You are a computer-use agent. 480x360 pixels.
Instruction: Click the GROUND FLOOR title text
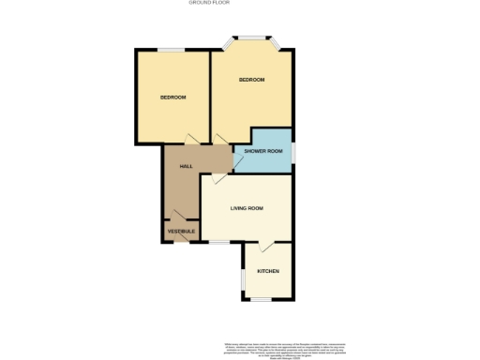click(x=209, y=4)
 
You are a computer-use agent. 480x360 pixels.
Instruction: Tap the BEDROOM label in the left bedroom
click(x=172, y=97)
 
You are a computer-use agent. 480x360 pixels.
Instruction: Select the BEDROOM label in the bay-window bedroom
click(x=251, y=80)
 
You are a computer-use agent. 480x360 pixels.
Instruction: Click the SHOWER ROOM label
click(x=262, y=151)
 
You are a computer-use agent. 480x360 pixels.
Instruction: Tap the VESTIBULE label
click(x=180, y=231)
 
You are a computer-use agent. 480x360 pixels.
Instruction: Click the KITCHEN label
click(x=268, y=272)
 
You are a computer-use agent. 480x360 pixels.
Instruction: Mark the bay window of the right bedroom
click(x=250, y=38)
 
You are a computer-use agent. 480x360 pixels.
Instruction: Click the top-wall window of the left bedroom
click(x=170, y=50)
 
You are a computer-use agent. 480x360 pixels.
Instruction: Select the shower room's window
click(x=292, y=150)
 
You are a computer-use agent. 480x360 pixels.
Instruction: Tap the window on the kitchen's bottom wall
click(x=259, y=298)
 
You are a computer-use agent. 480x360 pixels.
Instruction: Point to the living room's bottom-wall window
click(x=218, y=242)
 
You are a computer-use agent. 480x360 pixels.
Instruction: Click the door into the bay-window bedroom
click(x=221, y=139)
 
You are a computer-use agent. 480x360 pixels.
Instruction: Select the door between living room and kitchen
click(x=266, y=246)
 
